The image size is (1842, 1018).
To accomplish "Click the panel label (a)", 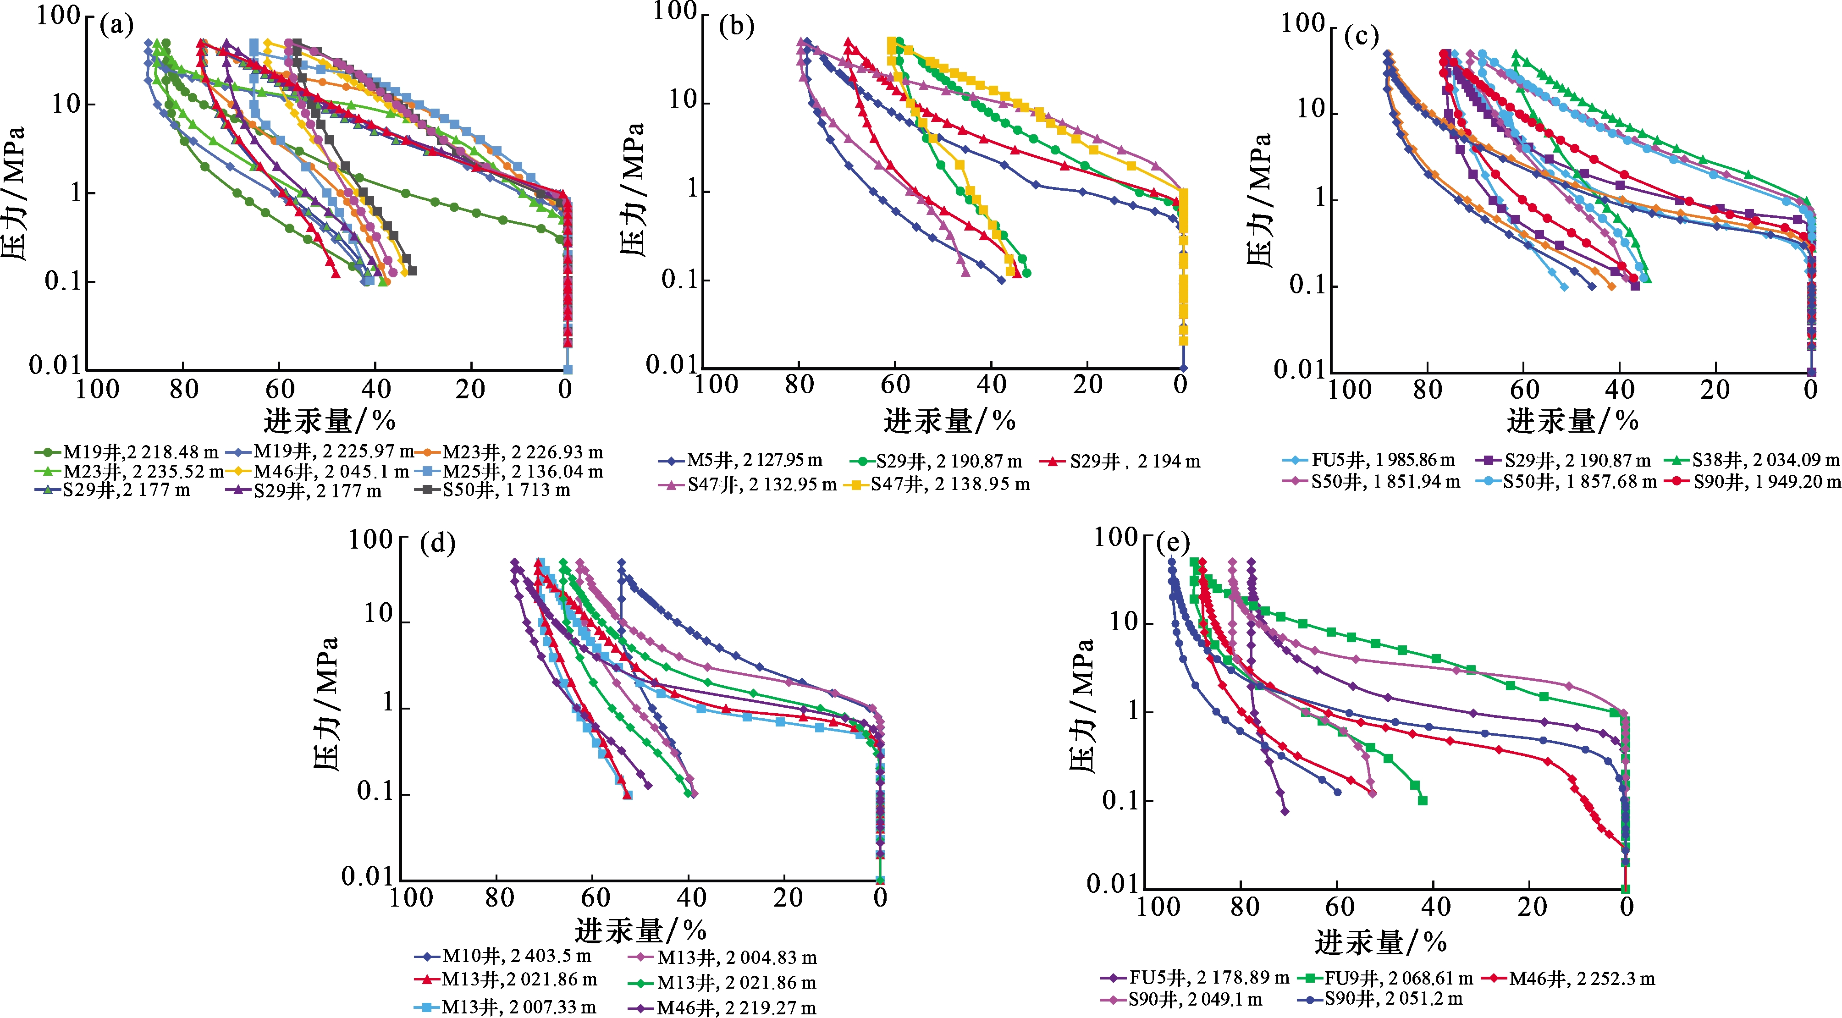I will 116,27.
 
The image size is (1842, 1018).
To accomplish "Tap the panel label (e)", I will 1173,544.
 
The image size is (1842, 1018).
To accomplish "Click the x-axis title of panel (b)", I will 949,422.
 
